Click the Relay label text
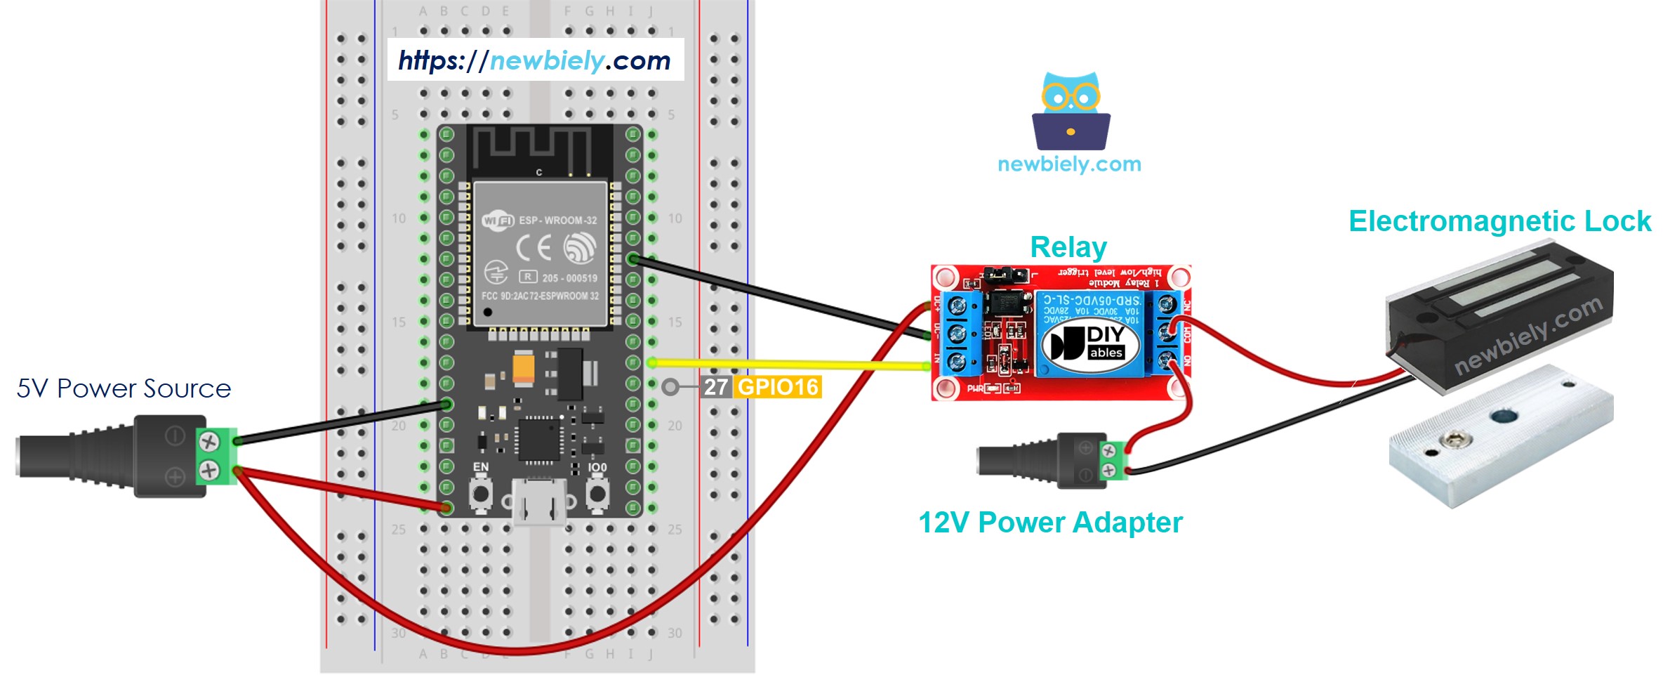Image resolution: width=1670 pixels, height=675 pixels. [x=1068, y=247]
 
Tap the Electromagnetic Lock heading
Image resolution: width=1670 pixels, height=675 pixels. [x=1499, y=221]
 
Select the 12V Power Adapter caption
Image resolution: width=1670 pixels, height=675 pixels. [x=1050, y=523]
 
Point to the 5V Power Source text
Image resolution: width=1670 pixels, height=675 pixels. [x=124, y=388]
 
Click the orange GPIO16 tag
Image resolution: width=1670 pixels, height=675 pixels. [x=778, y=387]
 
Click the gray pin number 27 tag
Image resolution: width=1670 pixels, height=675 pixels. [x=715, y=387]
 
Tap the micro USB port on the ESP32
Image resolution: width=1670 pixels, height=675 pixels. [x=539, y=502]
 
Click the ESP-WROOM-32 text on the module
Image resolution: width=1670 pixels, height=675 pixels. [x=557, y=221]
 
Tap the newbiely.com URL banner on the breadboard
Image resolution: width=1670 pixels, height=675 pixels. [x=535, y=60]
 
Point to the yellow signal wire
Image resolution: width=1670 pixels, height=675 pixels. [x=786, y=364]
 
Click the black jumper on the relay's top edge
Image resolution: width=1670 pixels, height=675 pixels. [x=1005, y=274]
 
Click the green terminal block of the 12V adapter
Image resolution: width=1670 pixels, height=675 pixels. [x=1112, y=460]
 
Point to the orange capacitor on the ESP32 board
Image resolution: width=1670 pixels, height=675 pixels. [x=524, y=367]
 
